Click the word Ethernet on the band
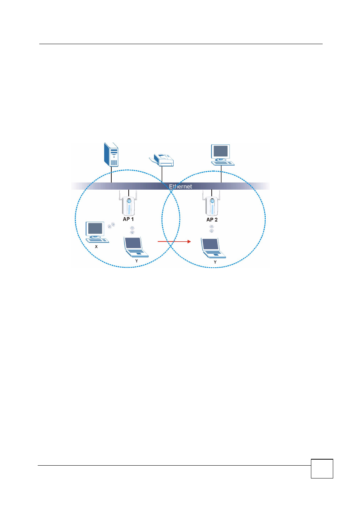pyautogui.click(x=180, y=187)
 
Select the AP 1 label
pyautogui.click(x=128, y=219)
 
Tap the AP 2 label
pyautogui.click(x=212, y=220)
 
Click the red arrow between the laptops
pyautogui.click(x=174, y=242)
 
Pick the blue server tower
pyautogui.click(x=111, y=155)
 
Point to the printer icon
pyautogui.click(x=162, y=160)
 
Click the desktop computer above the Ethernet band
pyautogui.click(x=222, y=155)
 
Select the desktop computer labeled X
pyautogui.click(x=97, y=232)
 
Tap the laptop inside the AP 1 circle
pyautogui.click(x=136, y=247)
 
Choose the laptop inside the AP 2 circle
pyautogui.click(x=213, y=248)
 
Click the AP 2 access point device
pyautogui.click(x=211, y=204)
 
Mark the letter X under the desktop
pyautogui.click(x=96, y=247)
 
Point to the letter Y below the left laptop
pyautogui.click(x=137, y=261)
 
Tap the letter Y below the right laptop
pyautogui.click(x=215, y=262)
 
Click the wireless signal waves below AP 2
pyautogui.click(x=212, y=229)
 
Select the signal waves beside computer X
pyautogui.click(x=111, y=225)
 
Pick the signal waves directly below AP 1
pyautogui.click(x=132, y=230)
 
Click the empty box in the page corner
pyautogui.click(x=322, y=469)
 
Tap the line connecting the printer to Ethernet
pyautogui.click(x=162, y=175)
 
